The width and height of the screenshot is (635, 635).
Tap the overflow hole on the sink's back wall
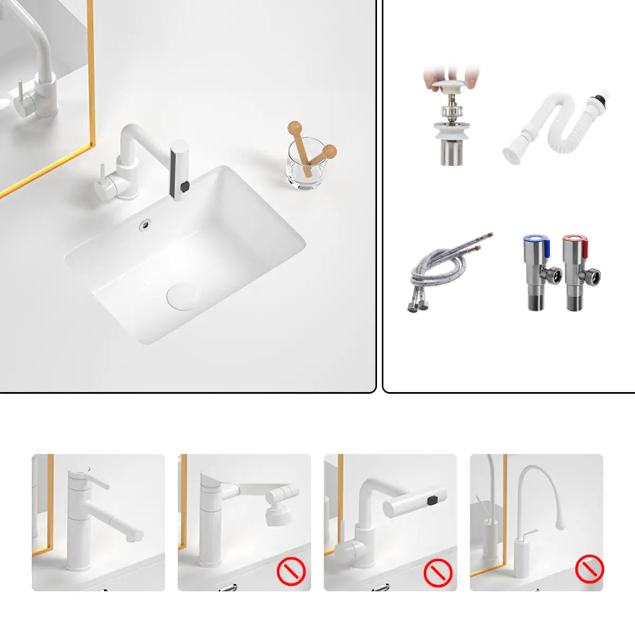(x=144, y=225)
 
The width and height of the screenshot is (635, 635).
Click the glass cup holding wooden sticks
(x=306, y=164)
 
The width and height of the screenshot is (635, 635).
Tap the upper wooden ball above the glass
(x=295, y=128)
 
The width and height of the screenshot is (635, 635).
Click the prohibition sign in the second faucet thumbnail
(x=292, y=571)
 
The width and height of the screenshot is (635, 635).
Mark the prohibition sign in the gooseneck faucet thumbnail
(x=589, y=569)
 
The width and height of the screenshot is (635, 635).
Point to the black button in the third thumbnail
(x=434, y=500)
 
